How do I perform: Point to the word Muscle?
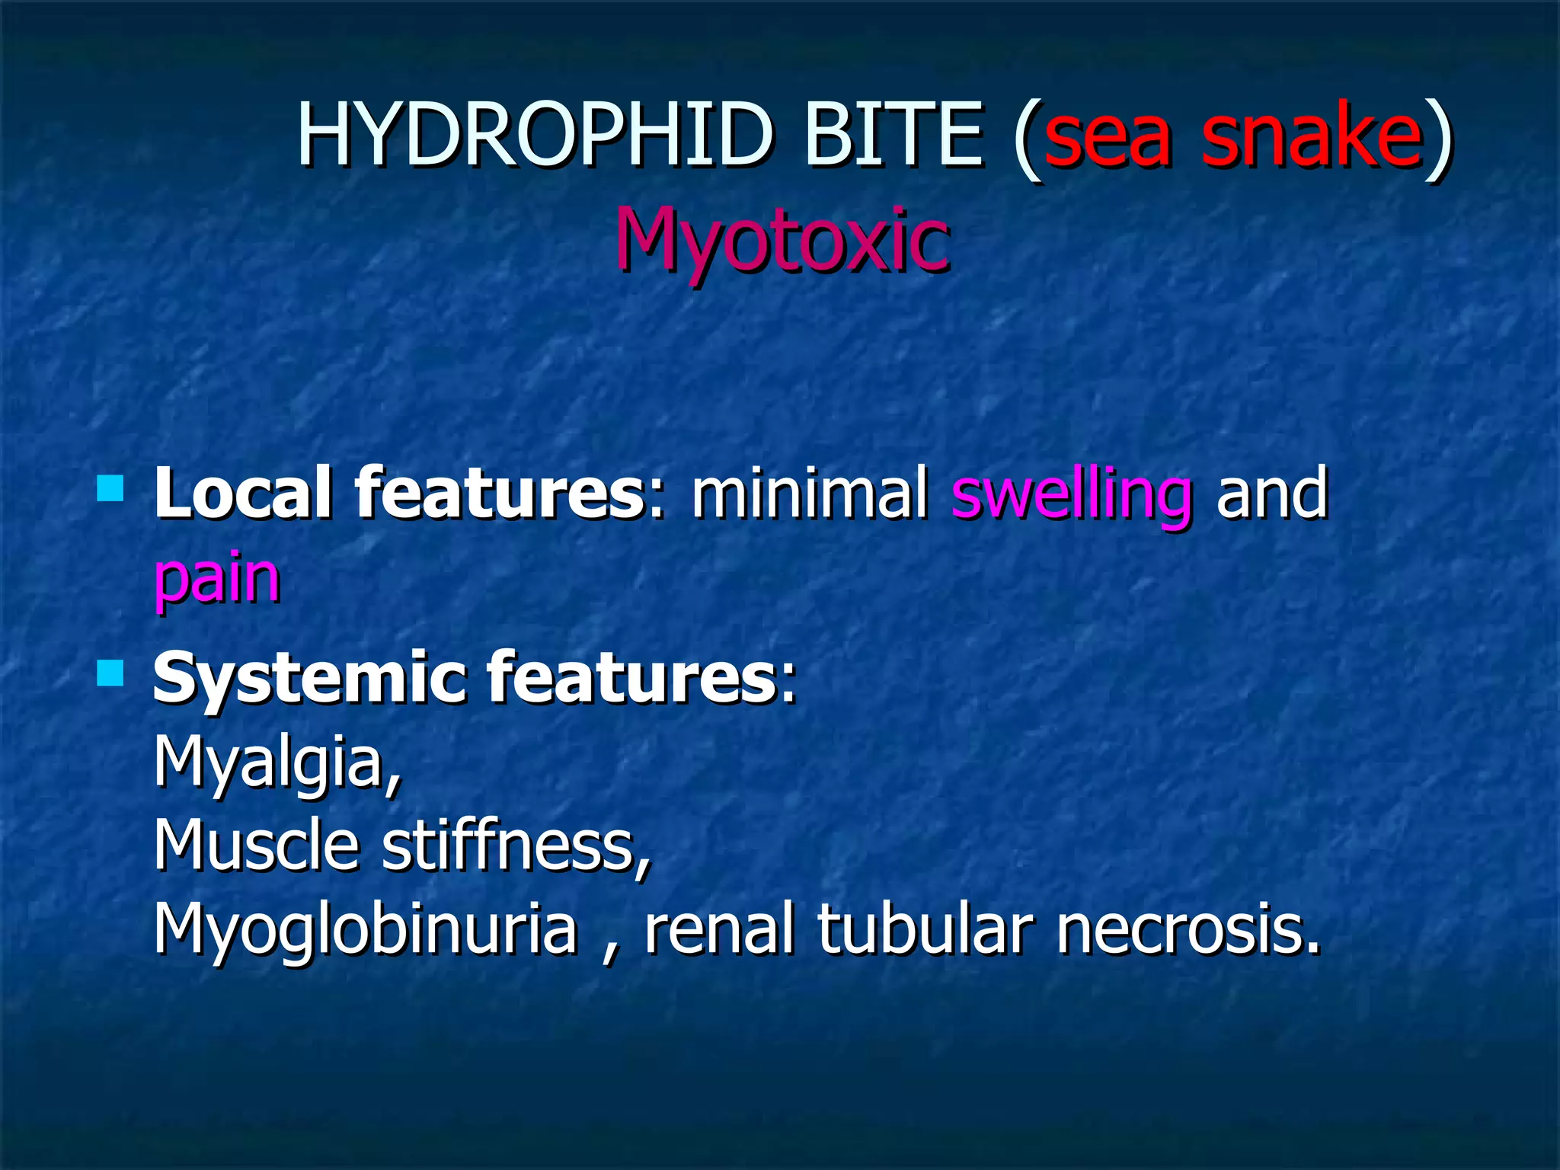tap(256, 846)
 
